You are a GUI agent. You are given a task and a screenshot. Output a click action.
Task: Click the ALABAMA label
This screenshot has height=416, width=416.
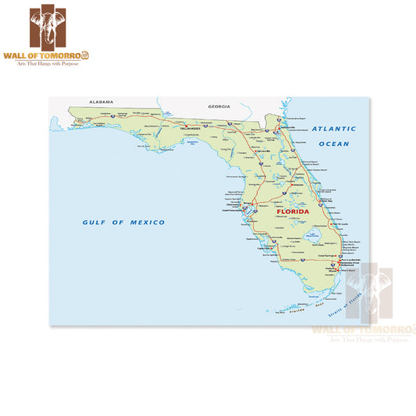coord(101,102)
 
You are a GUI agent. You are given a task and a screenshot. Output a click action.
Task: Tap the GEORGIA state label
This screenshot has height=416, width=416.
coord(220,105)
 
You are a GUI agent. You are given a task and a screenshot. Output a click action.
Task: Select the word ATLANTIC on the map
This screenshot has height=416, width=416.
coord(334,129)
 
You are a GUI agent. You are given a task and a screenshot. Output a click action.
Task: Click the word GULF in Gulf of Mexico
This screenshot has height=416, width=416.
coord(94,222)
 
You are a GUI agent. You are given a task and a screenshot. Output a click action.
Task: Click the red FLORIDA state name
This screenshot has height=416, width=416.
coord(293,212)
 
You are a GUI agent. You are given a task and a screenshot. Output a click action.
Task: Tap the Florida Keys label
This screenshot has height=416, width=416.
coord(300,310)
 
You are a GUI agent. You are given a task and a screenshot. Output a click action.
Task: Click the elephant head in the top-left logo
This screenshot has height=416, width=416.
coord(59,27)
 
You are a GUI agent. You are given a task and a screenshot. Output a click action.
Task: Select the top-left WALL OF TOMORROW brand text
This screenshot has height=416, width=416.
coord(59,55)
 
